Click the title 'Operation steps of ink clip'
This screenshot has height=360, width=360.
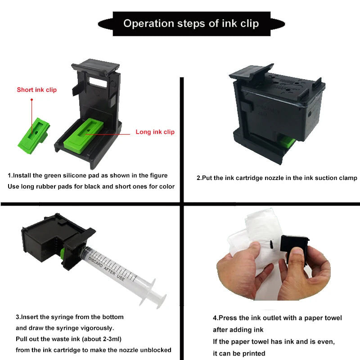[191, 23]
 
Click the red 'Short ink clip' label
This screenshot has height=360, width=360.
[37, 90]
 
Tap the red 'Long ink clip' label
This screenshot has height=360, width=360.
[155, 132]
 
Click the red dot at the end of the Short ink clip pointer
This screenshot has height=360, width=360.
[32, 99]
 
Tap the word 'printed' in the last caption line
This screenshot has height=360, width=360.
[251, 353]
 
